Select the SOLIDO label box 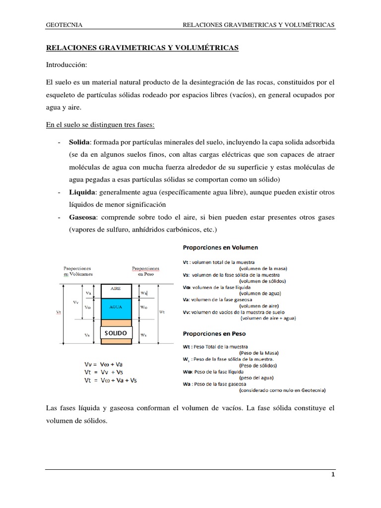pyautogui.click(x=115, y=332)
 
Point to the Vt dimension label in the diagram pyautogui.click(x=58, y=312)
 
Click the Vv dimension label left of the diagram pyautogui.click(x=75, y=302)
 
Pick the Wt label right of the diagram pyautogui.click(x=161, y=312)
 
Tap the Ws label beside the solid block pyautogui.click(x=143, y=335)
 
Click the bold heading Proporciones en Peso pyautogui.click(x=214, y=333)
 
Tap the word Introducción pyautogui.click(x=66, y=65)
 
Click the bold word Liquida pyautogui.click(x=82, y=192)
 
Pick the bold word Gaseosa pyautogui.click(x=83, y=218)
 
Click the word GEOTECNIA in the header pyautogui.click(x=64, y=25)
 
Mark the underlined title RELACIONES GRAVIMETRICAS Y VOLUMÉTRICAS pyautogui.click(x=142, y=47)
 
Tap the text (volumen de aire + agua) pyautogui.click(x=268, y=319)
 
